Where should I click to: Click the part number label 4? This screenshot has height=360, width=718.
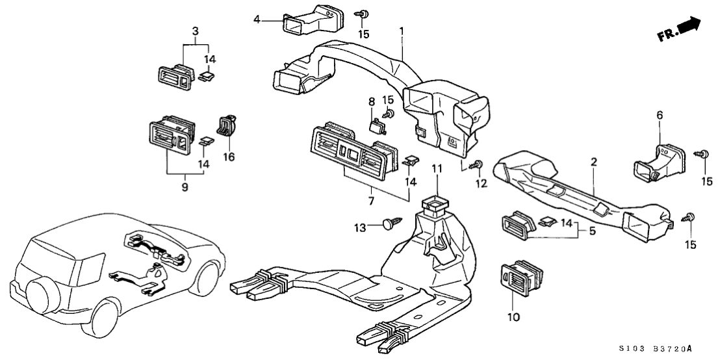coord(257,19)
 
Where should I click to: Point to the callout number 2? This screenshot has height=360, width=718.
coord(593,162)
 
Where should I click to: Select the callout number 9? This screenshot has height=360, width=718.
coord(184,187)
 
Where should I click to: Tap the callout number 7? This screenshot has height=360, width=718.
coord(372,201)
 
